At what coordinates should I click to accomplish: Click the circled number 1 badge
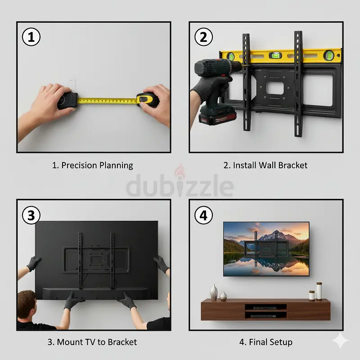coord(31,36)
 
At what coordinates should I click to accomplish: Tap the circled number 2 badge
coord(203,36)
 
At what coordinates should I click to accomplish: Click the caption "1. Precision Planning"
coord(93,165)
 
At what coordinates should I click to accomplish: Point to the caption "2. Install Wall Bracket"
coord(265,165)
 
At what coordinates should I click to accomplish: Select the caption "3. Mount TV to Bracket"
coord(92,342)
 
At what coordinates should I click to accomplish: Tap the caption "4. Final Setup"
coord(265,342)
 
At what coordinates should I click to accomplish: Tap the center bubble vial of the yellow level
coord(274,56)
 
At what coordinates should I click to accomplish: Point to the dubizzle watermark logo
coord(180,186)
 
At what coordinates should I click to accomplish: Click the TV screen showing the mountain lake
coord(266,248)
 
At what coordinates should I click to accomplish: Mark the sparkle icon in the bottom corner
coord(340,342)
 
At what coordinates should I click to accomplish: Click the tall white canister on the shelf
coord(319,291)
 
